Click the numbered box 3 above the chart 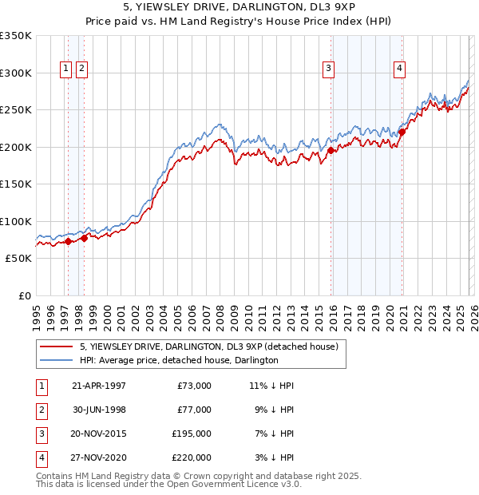click(327, 69)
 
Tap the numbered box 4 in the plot click(398, 69)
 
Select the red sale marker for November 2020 click(402, 133)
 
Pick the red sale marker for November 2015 click(331, 150)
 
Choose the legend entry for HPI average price click(178, 360)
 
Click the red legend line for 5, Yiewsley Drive click(57, 346)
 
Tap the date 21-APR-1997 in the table click(99, 386)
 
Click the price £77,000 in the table click(193, 410)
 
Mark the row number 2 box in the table click(41, 410)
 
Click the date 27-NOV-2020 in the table click(99, 457)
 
